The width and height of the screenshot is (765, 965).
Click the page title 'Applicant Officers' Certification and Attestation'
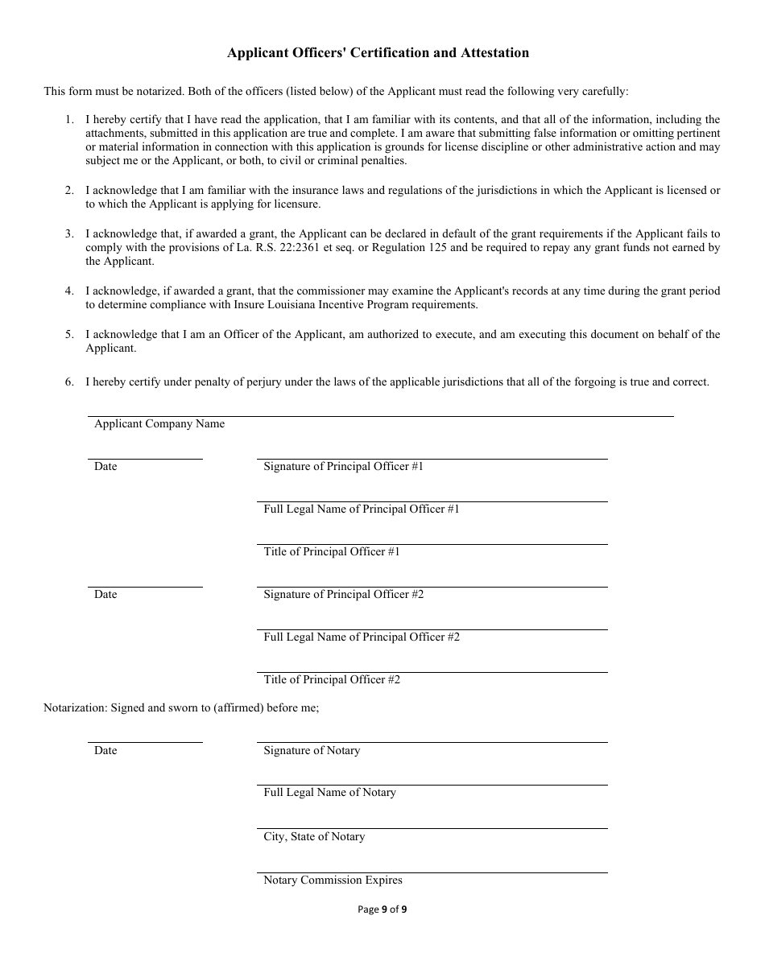378,53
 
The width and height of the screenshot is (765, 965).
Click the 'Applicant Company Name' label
159,424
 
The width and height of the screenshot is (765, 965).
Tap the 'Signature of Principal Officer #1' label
343,467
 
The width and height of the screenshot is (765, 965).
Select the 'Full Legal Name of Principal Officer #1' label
362,509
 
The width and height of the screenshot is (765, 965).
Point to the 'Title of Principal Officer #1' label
332,552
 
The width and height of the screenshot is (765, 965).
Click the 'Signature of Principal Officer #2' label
343,595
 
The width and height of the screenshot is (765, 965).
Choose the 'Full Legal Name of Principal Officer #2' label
362,637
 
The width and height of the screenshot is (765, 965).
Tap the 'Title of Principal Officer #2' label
332,680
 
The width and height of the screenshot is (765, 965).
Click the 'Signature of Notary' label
312,751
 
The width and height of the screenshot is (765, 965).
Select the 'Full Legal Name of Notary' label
330,793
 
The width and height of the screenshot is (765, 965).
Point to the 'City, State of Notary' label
314,837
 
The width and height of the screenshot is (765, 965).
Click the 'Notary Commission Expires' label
333,880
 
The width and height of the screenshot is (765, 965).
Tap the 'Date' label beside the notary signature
105,751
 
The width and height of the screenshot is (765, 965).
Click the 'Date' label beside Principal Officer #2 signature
105,595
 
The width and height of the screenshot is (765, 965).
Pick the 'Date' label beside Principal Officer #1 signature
105,467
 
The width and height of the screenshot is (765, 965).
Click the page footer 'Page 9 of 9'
382,910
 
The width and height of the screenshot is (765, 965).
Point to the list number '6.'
69,382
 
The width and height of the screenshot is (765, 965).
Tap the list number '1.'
69,120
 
